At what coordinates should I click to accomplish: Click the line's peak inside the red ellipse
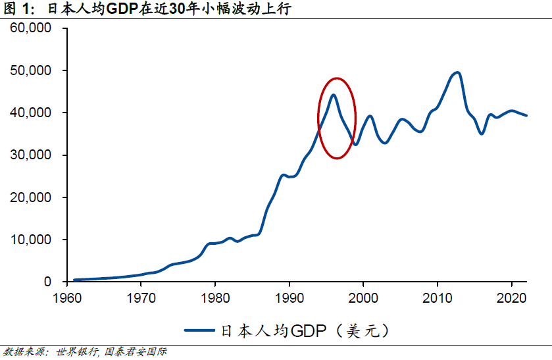[x=334, y=95]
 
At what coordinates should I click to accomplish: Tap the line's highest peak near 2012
[x=457, y=72]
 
